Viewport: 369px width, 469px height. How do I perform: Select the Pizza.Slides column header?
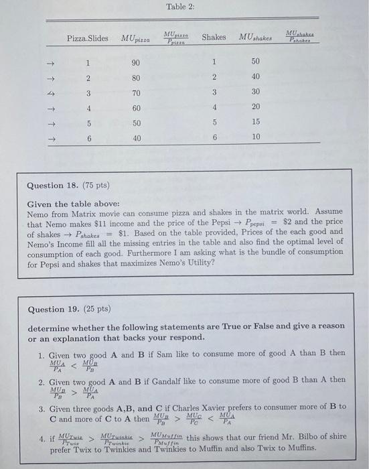click(x=87, y=38)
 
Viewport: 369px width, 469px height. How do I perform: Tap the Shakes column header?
click(x=214, y=38)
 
